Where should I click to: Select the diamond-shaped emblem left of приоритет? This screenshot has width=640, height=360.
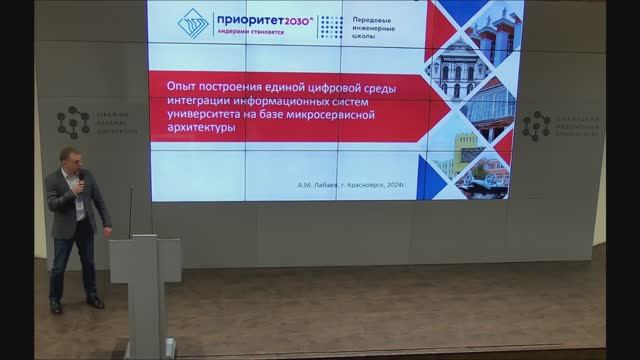pos(192,24)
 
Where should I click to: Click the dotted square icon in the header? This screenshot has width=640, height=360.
pos(330,26)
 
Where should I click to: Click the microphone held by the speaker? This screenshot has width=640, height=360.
pos(81,181)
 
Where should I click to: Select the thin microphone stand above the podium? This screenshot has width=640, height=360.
pos(130,210)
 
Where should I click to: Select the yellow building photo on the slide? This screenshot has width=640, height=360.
pos(470,150)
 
